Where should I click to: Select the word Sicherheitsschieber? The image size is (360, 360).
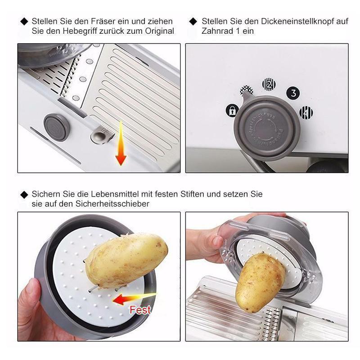(112, 204)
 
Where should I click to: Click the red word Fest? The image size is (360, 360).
(140, 310)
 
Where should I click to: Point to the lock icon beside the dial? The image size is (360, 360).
(232, 111)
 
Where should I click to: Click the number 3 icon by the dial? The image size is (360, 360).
(293, 93)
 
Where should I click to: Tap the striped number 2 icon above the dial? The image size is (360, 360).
(269, 85)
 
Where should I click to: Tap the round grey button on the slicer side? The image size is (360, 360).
(57, 127)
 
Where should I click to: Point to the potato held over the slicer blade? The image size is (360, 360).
(260, 282)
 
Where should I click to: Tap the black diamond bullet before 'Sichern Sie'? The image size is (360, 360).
(24, 195)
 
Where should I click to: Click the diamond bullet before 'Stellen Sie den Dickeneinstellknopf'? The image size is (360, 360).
(193, 22)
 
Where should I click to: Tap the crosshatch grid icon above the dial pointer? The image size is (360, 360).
(246, 90)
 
